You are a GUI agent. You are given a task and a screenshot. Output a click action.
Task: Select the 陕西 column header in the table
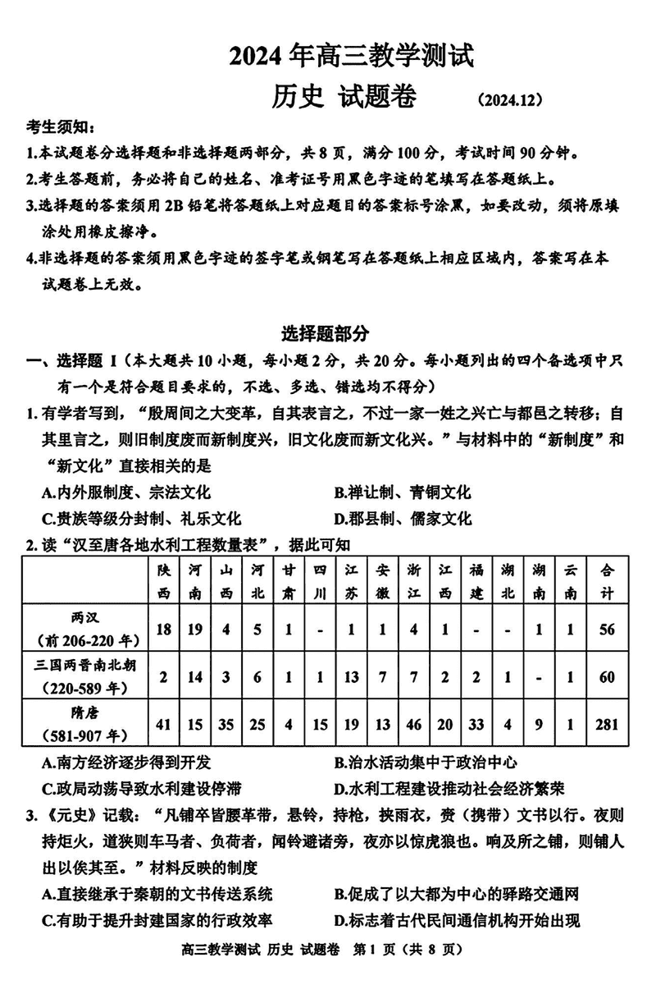click(x=164, y=580)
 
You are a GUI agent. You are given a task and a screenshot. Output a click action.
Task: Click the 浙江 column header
click(x=413, y=580)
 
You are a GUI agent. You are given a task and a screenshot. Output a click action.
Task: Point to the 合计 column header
click(x=608, y=580)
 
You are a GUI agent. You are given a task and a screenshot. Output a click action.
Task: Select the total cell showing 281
click(x=608, y=723)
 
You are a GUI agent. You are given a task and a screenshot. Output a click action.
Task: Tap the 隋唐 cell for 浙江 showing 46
click(x=413, y=723)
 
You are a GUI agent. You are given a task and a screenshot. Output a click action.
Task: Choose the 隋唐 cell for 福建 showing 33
click(x=476, y=723)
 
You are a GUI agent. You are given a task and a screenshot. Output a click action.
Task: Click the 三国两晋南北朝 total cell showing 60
click(x=608, y=676)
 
